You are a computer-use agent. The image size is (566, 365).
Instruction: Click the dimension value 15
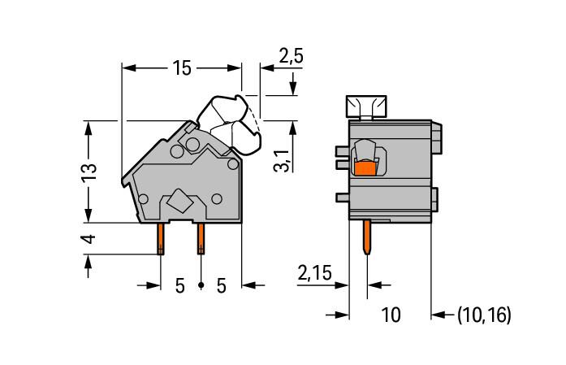182,68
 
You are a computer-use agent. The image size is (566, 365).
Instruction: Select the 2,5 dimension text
291,56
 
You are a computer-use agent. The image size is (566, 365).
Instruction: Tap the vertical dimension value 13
89,173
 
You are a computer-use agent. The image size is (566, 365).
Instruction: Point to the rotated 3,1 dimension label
283,160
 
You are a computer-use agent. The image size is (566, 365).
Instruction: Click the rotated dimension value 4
89,239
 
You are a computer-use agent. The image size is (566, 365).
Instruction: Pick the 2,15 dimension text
314,273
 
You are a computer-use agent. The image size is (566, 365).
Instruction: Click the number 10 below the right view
391,315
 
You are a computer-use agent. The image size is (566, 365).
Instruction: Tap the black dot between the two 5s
201,285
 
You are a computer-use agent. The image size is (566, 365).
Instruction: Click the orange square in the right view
365,168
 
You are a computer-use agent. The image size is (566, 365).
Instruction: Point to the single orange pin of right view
367,237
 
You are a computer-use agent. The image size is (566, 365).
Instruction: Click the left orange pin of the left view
161,239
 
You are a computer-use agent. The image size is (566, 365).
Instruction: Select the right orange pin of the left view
201,239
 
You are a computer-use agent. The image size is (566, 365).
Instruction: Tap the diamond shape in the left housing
179,200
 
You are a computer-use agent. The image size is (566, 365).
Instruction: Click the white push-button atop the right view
366,106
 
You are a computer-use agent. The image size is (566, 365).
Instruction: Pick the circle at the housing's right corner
233,164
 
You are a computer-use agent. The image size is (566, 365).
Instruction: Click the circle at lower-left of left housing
143,199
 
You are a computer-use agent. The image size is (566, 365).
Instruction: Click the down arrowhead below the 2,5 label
293,88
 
